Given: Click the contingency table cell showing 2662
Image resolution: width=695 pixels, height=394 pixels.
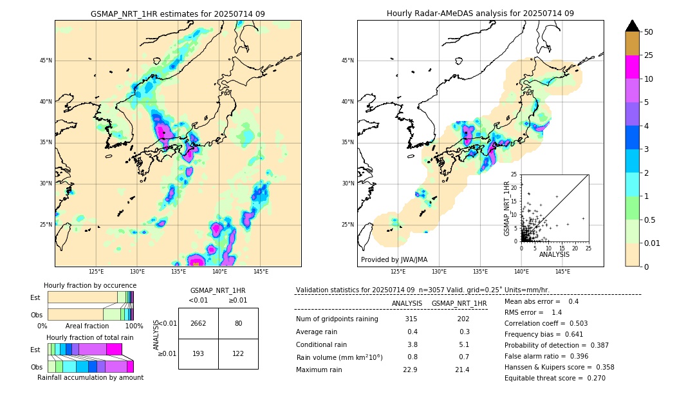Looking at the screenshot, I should point(198,323).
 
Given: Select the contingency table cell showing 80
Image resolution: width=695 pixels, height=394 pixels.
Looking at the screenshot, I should point(238,323).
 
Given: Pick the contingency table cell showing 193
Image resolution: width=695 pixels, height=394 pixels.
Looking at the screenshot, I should point(198,354).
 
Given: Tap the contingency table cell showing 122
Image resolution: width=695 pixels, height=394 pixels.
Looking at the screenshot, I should point(238,354).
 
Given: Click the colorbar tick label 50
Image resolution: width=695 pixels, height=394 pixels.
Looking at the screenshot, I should point(649,32).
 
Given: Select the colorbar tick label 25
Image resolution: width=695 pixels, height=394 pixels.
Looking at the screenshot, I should point(649,56).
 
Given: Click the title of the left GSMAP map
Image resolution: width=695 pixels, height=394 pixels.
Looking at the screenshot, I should point(178,14).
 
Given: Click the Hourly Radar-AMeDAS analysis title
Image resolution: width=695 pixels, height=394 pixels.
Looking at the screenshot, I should point(480,14).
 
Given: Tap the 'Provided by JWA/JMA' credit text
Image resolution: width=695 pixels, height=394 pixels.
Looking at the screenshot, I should point(394,259).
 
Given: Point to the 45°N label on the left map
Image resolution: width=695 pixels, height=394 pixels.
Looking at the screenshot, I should point(46,61).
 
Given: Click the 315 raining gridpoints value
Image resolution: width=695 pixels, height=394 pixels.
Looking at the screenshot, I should point(411,319).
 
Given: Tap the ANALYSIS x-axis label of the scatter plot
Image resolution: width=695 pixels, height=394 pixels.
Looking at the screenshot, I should point(555,254).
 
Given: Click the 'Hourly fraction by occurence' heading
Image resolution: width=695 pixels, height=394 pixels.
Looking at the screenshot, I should point(89,285).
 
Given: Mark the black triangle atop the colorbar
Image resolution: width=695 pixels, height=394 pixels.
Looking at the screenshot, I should point(633,26).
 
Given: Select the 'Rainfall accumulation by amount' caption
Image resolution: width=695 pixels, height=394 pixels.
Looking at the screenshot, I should point(90,377).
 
